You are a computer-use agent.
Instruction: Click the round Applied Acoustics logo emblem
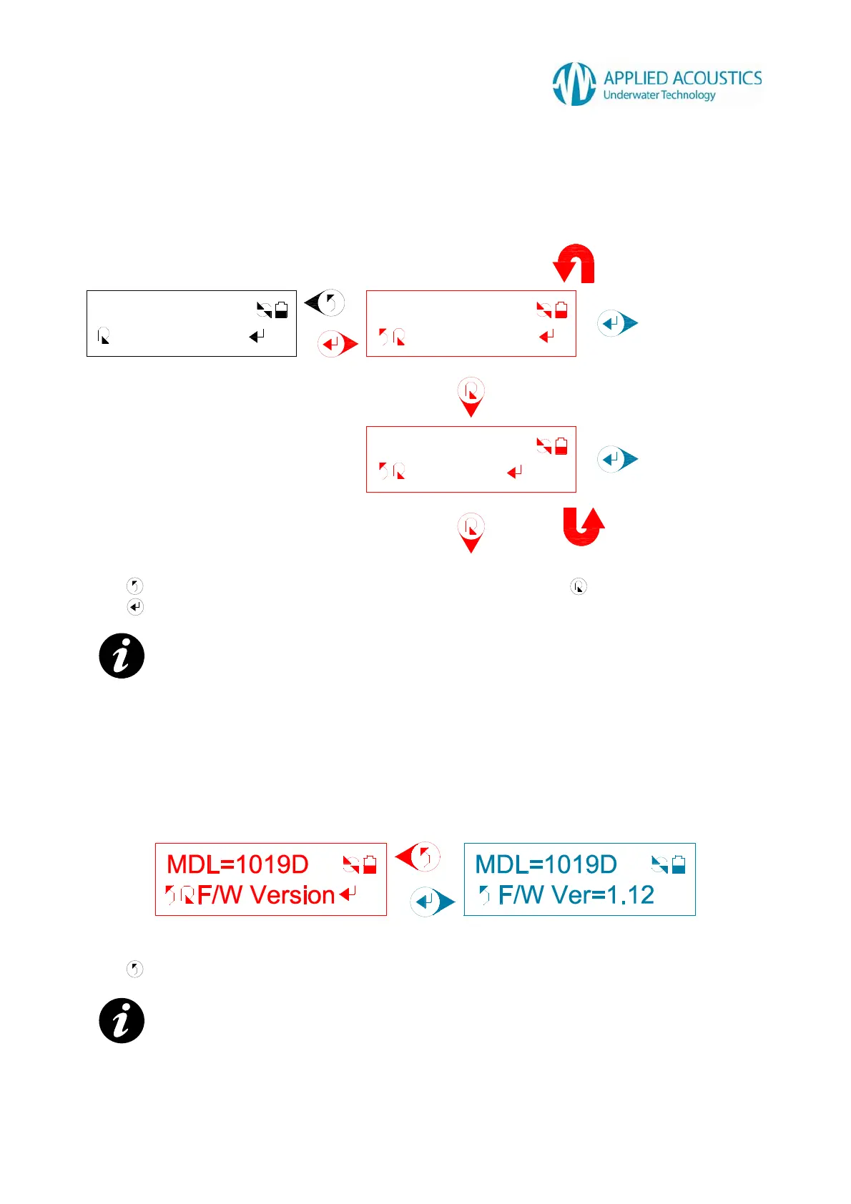click(574, 84)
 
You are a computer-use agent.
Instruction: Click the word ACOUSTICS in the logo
click(717, 78)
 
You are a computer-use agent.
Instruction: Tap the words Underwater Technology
click(659, 95)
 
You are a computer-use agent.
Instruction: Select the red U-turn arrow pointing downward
click(575, 263)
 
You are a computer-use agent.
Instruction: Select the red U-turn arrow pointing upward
click(583, 526)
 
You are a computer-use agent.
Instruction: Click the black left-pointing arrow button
click(325, 302)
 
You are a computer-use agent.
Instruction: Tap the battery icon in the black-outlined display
click(282, 310)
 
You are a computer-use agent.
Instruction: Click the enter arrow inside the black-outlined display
click(257, 335)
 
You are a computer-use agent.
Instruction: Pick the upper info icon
click(122, 656)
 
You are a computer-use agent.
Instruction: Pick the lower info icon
click(122, 1020)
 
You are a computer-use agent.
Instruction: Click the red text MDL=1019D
click(237, 864)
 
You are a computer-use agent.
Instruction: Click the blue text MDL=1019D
click(546, 864)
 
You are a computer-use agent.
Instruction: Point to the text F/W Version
click(266, 895)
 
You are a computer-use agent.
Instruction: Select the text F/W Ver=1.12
click(576, 895)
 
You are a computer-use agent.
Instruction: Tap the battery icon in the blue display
click(679, 864)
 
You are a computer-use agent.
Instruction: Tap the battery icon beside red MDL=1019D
click(370, 864)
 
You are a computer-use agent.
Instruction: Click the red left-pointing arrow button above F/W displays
click(418, 857)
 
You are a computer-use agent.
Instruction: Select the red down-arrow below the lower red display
click(471, 533)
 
